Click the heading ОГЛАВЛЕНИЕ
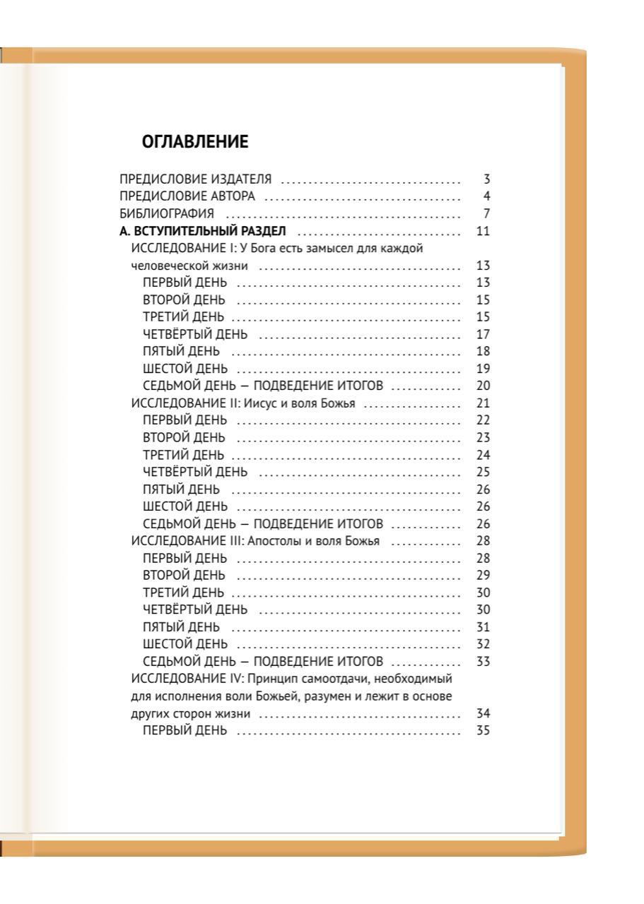tap(195, 143)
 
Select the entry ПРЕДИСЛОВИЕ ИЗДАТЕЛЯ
tap(196, 179)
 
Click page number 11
tap(484, 231)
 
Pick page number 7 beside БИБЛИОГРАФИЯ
tap(486, 213)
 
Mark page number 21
tap(484, 404)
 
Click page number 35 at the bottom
tap(484, 731)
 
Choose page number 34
tap(484, 714)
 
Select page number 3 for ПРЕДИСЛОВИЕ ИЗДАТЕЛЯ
tap(486, 179)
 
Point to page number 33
tap(484, 662)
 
